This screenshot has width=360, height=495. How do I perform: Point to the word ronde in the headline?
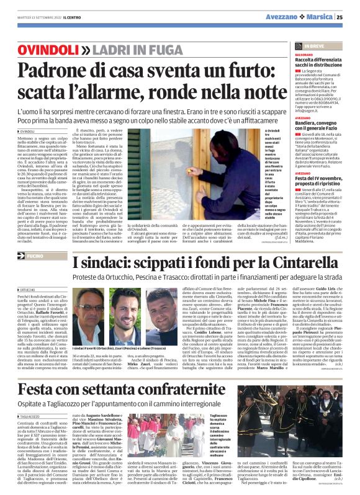coord(160,92)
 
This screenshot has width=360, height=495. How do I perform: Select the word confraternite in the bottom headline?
coord(228,372)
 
